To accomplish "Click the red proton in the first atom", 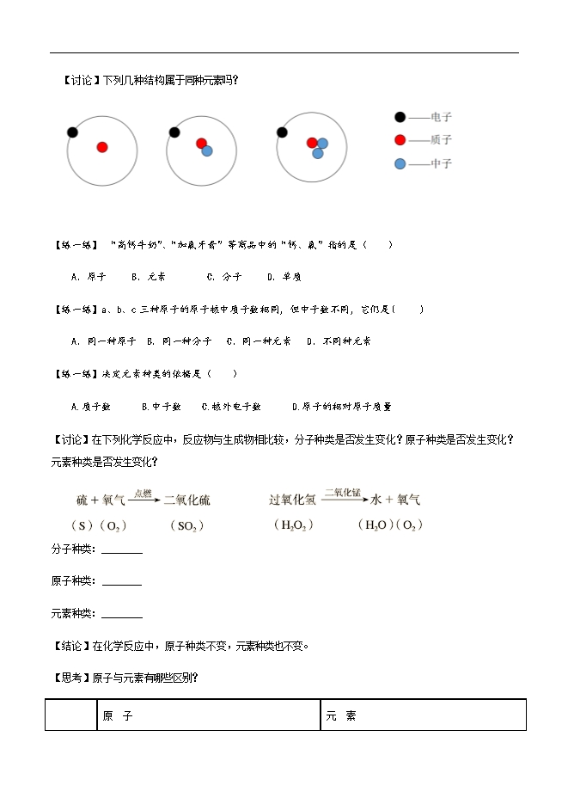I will click(x=102, y=147).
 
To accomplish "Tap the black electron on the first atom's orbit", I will click(x=72, y=132).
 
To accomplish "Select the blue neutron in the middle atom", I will click(x=207, y=150).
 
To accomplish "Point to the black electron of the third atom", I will click(x=281, y=132).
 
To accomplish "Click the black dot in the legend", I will click(x=400, y=117).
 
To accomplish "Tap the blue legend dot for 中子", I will click(x=400, y=163).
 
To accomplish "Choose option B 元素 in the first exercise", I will click(x=148, y=277).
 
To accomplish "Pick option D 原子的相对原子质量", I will click(x=341, y=407).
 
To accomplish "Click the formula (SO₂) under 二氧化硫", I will click(x=186, y=525).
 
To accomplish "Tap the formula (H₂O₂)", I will click(x=292, y=525).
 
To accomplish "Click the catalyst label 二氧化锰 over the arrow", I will click(x=341, y=493).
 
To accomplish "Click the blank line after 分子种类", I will click(x=122, y=552).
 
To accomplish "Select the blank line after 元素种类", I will click(x=122, y=616).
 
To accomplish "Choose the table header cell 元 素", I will click(x=340, y=715).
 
